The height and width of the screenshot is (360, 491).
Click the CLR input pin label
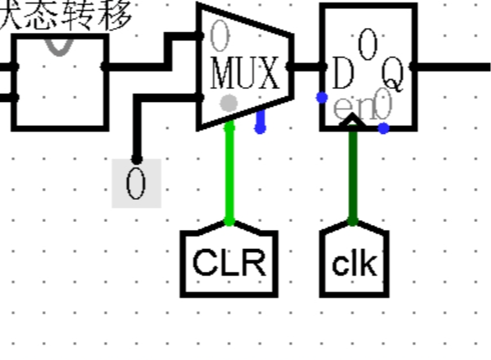pos(229,263)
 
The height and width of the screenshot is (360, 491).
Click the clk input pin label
pos(354,264)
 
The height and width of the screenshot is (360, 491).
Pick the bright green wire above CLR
pos(229,173)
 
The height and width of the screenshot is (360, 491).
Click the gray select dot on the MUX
pos(229,103)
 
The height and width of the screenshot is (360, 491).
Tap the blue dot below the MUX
pos(261,129)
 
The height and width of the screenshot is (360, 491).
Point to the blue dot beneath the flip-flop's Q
pos(383,128)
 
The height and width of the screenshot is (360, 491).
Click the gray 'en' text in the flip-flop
pos(345,108)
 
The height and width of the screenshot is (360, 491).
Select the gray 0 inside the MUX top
pos(218,35)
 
